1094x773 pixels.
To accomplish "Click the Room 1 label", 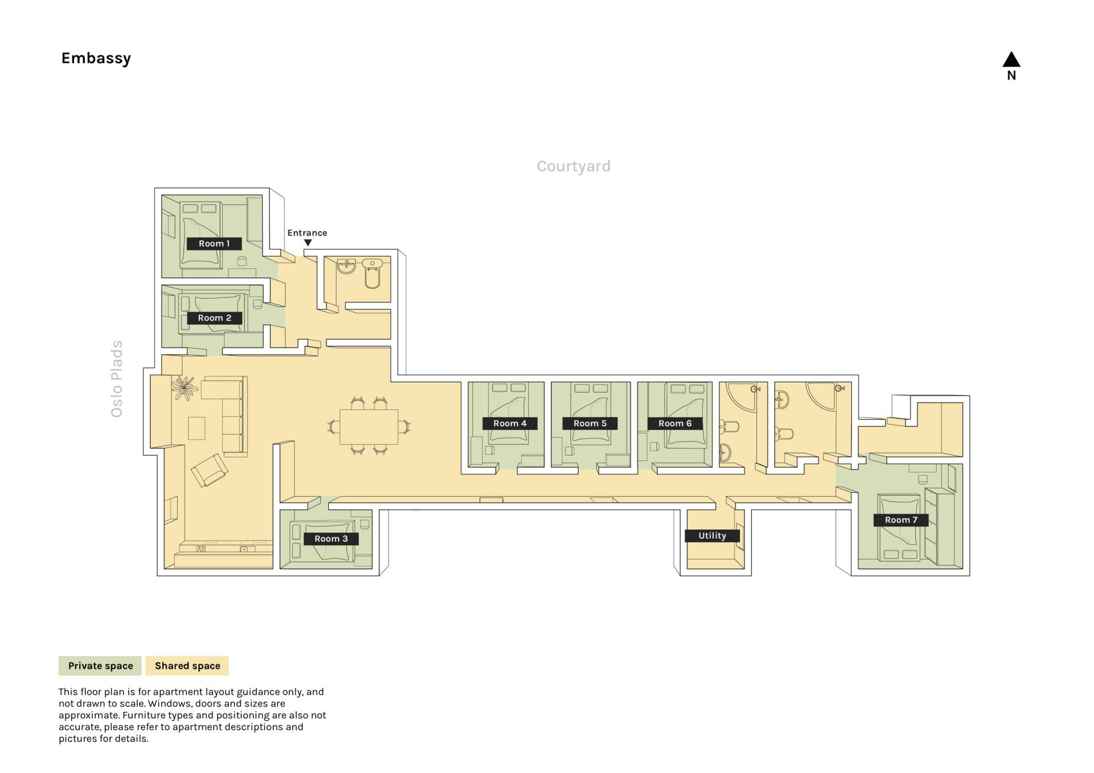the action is (x=214, y=244).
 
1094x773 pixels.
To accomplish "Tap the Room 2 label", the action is (x=214, y=318).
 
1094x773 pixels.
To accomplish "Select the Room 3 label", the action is (x=331, y=539).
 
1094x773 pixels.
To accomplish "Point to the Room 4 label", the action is (x=510, y=423).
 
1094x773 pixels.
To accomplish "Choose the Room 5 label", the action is (x=590, y=423).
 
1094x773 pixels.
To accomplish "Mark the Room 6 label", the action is (x=675, y=423).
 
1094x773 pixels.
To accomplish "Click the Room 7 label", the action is (x=901, y=520).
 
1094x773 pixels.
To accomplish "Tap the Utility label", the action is (x=712, y=535).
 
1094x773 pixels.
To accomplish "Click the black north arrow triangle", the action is (x=1011, y=59).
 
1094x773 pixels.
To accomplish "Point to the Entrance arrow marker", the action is (x=308, y=243).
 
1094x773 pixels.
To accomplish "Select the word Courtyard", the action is (x=574, y=166).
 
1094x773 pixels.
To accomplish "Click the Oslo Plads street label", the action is (x=117, y=379).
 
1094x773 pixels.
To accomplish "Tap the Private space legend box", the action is (x=100, y=666).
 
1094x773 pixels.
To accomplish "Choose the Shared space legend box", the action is (x=187, y=666).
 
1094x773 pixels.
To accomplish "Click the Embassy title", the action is (x=96, y=58).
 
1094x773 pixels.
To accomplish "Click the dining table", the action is (x=369, y=427).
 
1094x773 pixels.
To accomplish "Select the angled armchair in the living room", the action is (x=210, y=470).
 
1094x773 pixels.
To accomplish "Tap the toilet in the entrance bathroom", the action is (x=373, y=275).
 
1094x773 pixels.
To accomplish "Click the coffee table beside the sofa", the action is (x=197, y=428).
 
